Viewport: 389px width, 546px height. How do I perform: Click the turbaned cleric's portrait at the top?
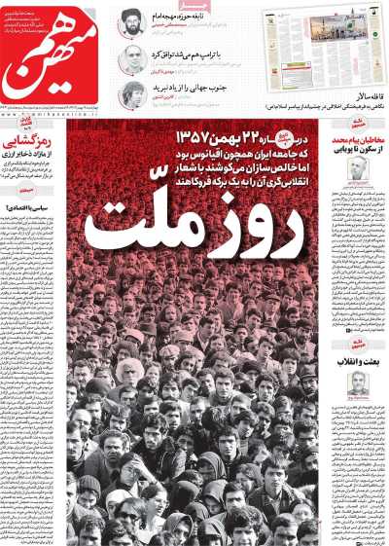[x=132, y=21]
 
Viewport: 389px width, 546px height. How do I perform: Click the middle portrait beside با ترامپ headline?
[x=132, y=58]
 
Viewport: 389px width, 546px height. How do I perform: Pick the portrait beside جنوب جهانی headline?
[x=132, y=94]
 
